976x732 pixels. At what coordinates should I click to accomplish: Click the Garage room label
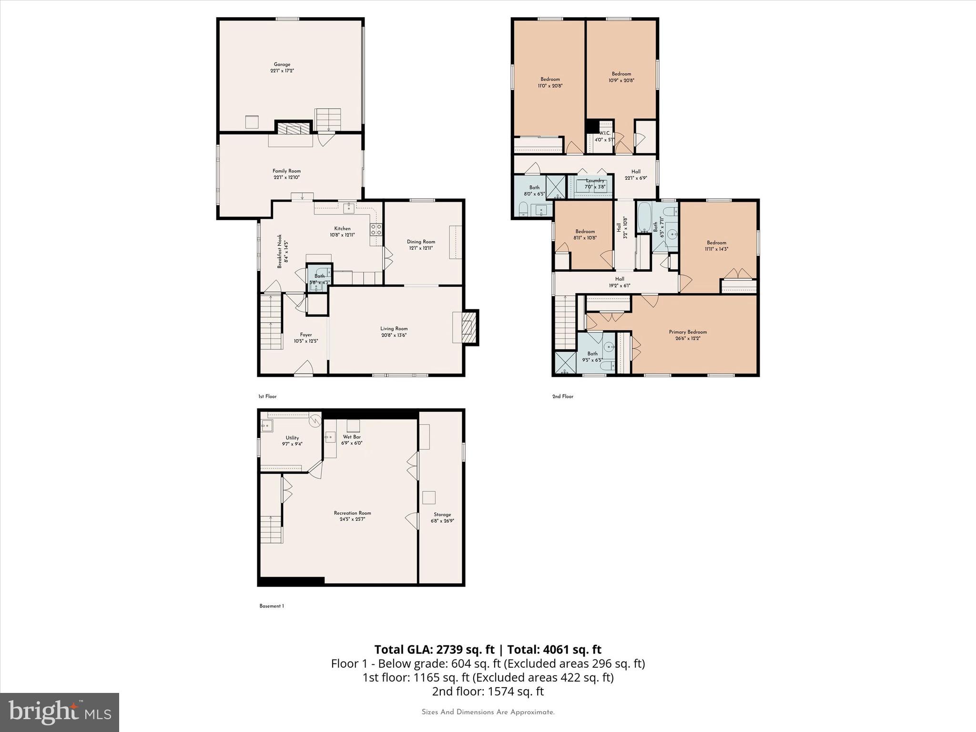coord(282,64)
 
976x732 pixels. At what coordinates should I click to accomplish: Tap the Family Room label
coord(286,171)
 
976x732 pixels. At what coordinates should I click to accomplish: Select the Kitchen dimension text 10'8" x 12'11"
coord(342,235)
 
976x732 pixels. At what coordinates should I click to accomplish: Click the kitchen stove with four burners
coord(376,230)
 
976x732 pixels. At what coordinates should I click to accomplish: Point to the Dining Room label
coord(421,242)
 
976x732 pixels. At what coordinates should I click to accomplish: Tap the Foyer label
coord(305,335)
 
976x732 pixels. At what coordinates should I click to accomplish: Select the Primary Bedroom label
coord(688,332)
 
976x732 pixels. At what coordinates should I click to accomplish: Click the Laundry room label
coord(595,181)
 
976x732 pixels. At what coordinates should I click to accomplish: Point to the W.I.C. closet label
coord(604,133)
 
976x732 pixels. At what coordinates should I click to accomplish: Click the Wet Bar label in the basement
coord(352,437)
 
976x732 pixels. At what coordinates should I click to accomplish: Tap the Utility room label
coord(292,438)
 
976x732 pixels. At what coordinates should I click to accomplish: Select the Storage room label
coord(442,515)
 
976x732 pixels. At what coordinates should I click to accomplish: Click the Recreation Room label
coord(352,513)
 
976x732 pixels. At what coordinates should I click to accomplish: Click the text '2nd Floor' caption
coord(563,396)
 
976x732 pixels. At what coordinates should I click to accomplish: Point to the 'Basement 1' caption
coord(272,606)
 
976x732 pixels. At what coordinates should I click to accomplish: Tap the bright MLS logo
coord(60,712)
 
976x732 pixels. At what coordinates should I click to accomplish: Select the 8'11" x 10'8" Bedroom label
coord(585,232)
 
